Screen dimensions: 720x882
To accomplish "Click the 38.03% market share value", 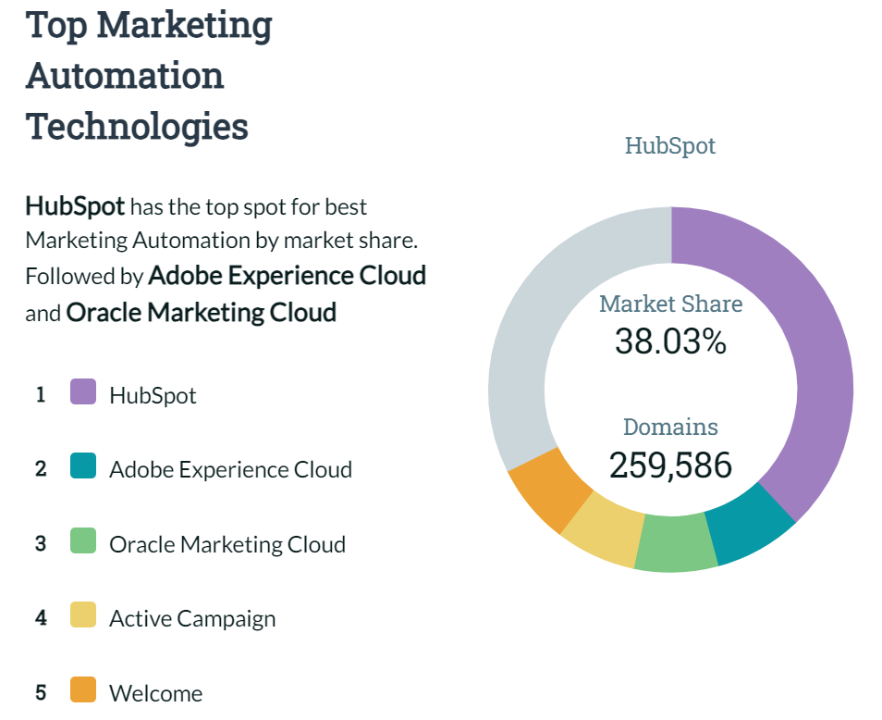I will [x=670, y=341].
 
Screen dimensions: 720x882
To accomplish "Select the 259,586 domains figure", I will [x=670, y=466].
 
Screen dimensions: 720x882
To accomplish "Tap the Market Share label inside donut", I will [x=670, y=304].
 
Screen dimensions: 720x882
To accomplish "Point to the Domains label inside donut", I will [x=670, y=427].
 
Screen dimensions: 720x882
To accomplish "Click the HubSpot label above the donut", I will [x=670, y=145].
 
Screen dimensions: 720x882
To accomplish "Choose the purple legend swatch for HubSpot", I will [x=83, y=392].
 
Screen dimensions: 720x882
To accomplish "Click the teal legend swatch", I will [x=83, y=466].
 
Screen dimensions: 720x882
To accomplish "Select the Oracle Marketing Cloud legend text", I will [x=227, y=544].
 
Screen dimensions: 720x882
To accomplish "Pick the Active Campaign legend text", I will [x=192, y=618].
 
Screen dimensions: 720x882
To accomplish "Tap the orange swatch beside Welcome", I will [x=83, y=690].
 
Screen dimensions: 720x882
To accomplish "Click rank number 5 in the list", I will [x=41, y=691].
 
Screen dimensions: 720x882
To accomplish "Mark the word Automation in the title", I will [x=125, y=75].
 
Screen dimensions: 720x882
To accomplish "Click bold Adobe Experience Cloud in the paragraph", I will [x=288, y=276].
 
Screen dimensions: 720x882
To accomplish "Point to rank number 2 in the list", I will [x=41, y=468].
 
